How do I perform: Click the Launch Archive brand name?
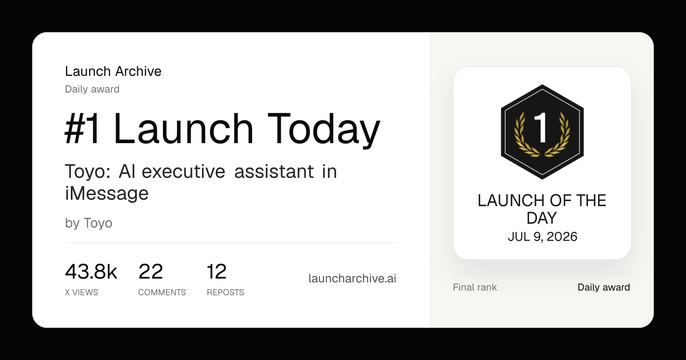(113, 71)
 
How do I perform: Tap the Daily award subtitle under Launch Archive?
(92, 89)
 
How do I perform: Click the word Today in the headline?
(324, 129)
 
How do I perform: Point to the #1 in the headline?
(82, 129)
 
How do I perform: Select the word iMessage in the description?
(107, 193)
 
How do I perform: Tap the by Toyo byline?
(88, 223)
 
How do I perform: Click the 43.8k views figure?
(91, 272)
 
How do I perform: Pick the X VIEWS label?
(81, 292)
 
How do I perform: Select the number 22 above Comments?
(150, 272)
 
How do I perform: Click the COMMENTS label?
(162, 292)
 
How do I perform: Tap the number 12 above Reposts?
(217, 272)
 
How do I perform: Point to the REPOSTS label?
(226, 292)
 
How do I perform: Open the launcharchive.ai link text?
(352, 278)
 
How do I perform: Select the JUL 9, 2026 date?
(542, 237)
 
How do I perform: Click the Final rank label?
(475, 287)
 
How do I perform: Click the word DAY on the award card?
(542, 218)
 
